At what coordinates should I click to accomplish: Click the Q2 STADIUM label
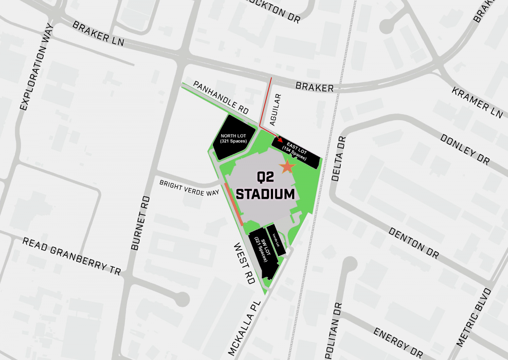pos(265,186)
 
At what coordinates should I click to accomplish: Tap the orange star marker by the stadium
pos(287,167)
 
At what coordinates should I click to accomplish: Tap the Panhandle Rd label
pos(221,97)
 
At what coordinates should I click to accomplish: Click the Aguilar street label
pos(273,110)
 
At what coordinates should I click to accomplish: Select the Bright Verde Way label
pos(189,188)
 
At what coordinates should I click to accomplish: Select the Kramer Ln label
pos(477,103)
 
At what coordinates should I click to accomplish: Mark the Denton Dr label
pos(413,243)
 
